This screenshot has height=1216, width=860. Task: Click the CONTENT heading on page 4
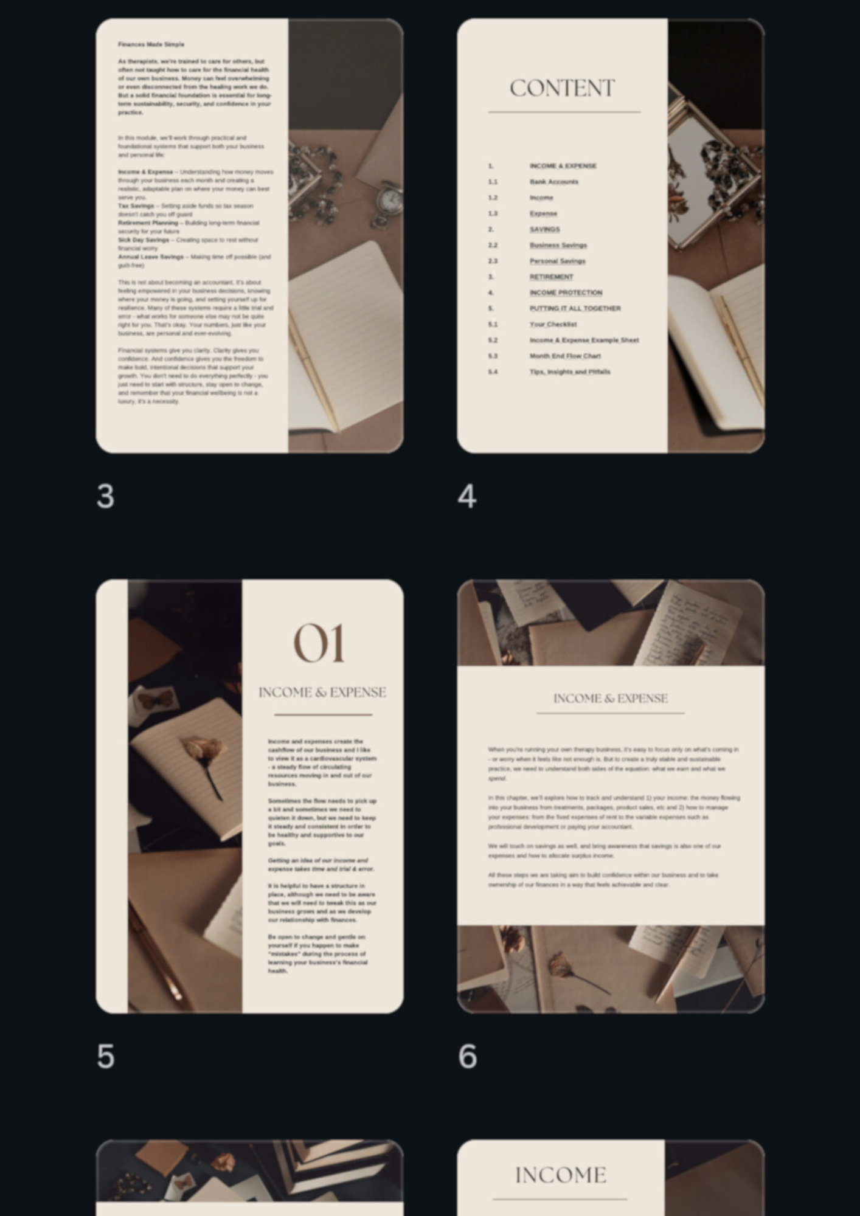[x=562, y=89]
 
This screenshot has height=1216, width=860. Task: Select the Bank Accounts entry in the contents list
[x=553, y=182]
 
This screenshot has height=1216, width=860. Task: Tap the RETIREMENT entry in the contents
[x=551, y=277]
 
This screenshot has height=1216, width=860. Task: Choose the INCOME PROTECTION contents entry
[x=566, y=292]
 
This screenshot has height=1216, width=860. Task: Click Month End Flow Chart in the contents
[x=564, y=356]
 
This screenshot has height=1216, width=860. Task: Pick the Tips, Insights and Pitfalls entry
[x=569, y=371]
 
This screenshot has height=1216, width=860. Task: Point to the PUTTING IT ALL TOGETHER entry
[x=575, y=308]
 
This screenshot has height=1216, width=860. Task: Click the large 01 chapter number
[x=319, y=643]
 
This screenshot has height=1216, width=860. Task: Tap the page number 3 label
[x=105, y=496]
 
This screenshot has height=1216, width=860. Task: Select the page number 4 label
[x=466, y=496]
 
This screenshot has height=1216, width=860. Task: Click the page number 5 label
[x=105, y=1056]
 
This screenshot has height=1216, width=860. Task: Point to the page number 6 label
[x=467, y=1056]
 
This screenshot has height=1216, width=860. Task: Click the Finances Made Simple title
[x=151, y=44]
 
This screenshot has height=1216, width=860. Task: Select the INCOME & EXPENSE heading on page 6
[x=610, y=699]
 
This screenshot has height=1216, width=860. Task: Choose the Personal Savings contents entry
[x=557, y=261]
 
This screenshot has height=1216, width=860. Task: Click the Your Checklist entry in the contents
[x=553, y=324]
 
